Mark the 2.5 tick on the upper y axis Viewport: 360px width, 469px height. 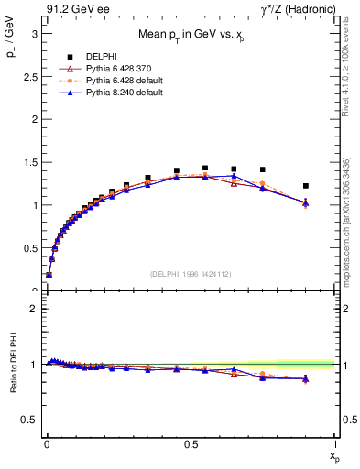[31, 76]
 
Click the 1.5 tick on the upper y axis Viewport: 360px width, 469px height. [31, 162]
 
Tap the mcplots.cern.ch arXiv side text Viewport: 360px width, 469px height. [345, 220]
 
